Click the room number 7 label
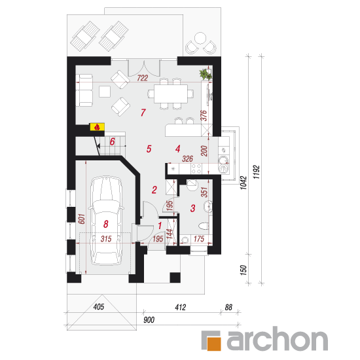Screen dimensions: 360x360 click(x=143, y=113)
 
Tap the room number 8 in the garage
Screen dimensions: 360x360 click(x=106, y=224)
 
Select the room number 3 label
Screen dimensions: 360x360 click(x=193, y=208)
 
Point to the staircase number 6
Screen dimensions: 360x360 click(x=112, y=141)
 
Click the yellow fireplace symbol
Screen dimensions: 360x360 click(x=97, y=127)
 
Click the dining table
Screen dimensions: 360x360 click(x=171, y=94)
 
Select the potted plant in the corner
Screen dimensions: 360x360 click(x=206, y=74)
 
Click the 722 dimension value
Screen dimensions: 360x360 click(x=142, y=78)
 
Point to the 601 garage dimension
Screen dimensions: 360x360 click(x=82, y=219)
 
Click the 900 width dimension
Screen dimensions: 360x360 click(x=149, y=319)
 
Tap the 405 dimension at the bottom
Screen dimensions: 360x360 click(x=99, y=307)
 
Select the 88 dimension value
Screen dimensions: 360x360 click(x=228, y=307)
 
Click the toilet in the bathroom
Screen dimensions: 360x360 click(x=203, y=226)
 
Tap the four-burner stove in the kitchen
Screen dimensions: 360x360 click(x=196, y=168)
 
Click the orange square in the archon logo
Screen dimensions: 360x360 click(x=214, y=344)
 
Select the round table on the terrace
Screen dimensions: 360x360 click(x=200, y=39)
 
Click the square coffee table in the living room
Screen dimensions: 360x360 click(x=105, y=92)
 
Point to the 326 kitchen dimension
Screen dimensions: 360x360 click(x=187, y=158)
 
